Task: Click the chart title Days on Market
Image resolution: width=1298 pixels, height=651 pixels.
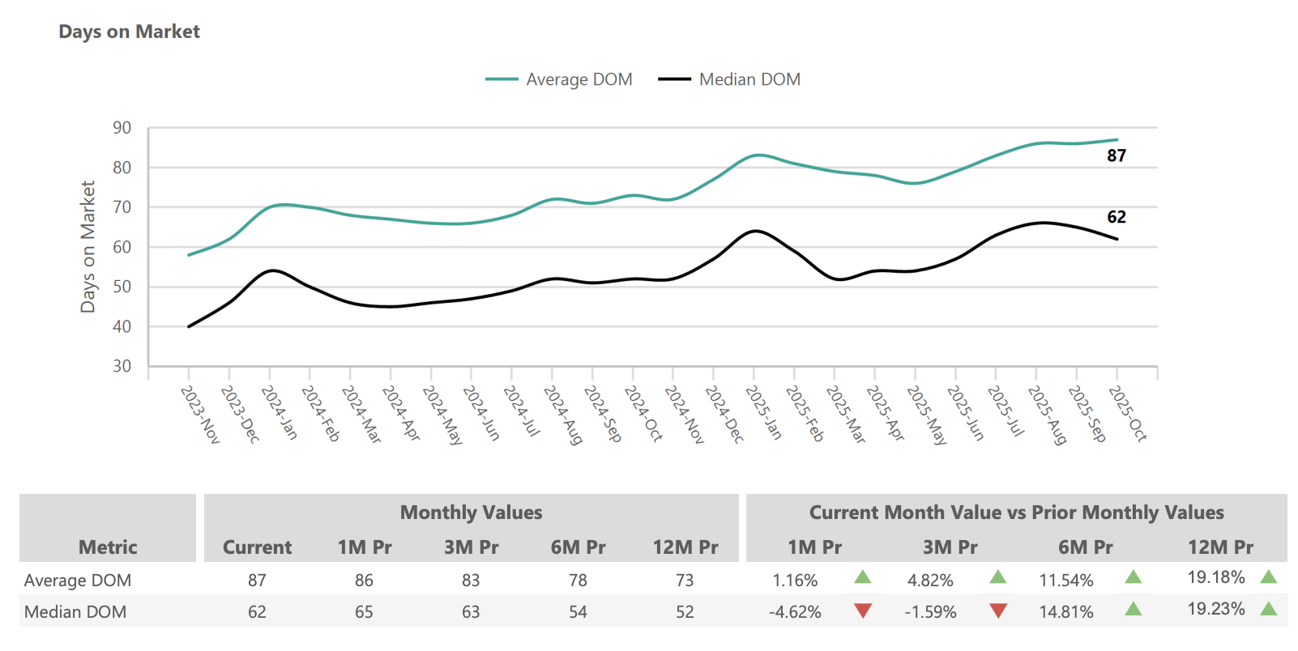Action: coord(129,32)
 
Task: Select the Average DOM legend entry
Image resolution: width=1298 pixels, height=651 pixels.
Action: coord(559,79)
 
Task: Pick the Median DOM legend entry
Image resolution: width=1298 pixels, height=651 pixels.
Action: coord(729,79)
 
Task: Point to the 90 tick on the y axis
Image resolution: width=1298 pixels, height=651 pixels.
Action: coord(122,128)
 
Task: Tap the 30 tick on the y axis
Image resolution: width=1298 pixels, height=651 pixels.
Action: coord(122,366)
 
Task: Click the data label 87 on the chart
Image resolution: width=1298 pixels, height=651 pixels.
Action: coord(1117,155)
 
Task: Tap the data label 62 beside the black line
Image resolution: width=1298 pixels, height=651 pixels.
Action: coord(1117,217)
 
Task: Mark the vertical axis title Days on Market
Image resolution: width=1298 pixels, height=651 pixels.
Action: coord(88,247)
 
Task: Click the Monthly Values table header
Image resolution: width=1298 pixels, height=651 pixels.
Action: coord(471,513)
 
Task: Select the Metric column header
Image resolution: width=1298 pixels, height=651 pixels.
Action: coord(108,547)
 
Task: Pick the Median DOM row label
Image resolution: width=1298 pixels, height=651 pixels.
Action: coord(75,612)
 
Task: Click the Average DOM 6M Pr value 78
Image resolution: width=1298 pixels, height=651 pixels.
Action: coord(578,581)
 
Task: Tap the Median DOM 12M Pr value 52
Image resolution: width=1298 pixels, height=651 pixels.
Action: coord(685,612)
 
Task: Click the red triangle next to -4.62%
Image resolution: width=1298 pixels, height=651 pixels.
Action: coord(863,611)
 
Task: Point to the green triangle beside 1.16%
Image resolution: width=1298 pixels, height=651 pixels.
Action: coord(863,577)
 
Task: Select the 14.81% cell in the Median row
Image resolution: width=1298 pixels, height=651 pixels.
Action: coord(1066,612)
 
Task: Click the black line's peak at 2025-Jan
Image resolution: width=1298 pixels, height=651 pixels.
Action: coord(755,231)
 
